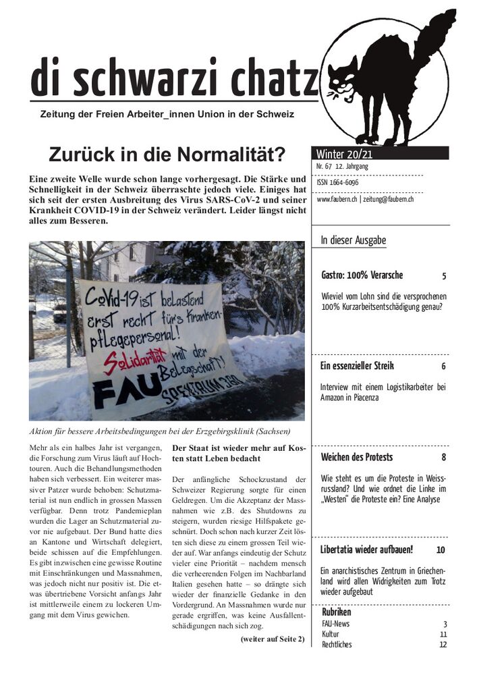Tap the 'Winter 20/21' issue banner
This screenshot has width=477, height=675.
pyautogui.click(x=345, y=154)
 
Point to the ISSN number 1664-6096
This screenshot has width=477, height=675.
pyautogui.click(x=337, y=182)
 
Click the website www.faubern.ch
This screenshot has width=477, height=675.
pyautogui.click(x=337, y=200)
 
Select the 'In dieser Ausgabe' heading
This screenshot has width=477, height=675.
pyautogui.click(x=353, y=240)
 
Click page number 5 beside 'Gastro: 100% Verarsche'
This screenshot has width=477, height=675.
pyautogui.click(x=444, y=276)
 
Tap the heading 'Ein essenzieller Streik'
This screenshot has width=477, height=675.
pyautogui.click(x=357, y=367)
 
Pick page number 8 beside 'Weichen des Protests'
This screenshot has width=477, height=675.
pyautogui.click(x=444, y=458)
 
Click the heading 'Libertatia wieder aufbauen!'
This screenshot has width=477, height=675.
pyautogui.click(x=366, y=549)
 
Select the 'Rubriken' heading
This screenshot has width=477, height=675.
pyautogui.click(x=336, y=612)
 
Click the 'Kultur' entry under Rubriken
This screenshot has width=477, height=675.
pyautogui.click(x=331, y=634)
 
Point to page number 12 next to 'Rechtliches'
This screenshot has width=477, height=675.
pyautogui.click(x=443, y=645)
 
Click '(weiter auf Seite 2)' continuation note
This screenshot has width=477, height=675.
pyautogui.click(x=272, y=639)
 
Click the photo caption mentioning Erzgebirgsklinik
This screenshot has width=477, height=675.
pyautogui.click(x=159, y=431)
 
